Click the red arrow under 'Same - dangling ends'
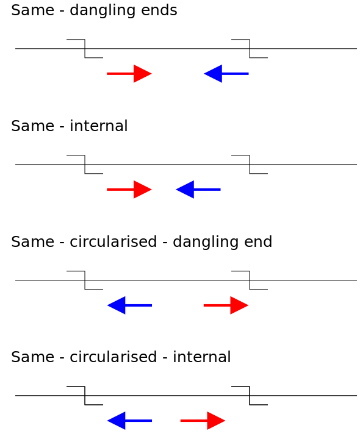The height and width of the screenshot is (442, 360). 129,73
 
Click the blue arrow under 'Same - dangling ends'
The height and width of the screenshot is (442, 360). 226,73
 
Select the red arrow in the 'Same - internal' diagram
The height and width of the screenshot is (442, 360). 129,189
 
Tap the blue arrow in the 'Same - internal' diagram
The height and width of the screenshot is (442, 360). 198,189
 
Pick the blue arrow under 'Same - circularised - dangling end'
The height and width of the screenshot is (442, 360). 129,305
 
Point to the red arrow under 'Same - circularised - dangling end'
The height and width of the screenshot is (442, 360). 226,305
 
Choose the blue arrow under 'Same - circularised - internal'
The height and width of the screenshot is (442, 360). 129,420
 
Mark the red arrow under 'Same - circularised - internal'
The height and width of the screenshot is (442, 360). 203,420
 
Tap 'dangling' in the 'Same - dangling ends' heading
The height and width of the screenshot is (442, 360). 105,10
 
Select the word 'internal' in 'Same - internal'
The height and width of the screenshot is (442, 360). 99,126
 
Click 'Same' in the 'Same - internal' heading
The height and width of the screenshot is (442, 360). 27,126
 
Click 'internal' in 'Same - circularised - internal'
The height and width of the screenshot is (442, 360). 202,357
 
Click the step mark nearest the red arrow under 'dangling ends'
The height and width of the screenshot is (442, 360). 85,49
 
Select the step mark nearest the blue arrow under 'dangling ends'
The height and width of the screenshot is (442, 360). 250,49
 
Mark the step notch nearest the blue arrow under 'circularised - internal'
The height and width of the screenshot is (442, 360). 85,396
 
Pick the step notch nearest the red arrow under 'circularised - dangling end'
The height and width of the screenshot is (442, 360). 250,280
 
